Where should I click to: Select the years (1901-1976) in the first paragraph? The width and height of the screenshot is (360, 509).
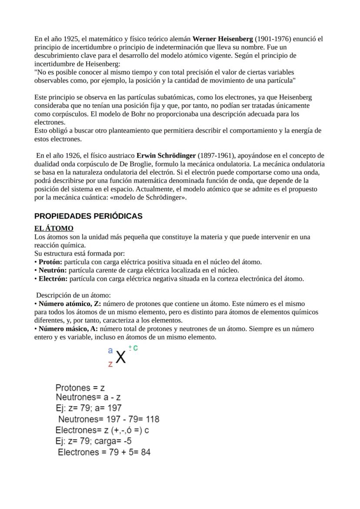pyautogui.click(x=271, y=39)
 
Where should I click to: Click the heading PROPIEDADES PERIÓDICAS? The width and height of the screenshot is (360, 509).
pyautogui.click(x=88, y=216)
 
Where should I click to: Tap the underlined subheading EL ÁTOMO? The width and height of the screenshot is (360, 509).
pyautogui.click(x=54, y=228)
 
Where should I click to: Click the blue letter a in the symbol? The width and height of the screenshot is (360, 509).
pyautogui.click(x=110, y=350)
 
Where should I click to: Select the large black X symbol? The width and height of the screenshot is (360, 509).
pyautogui.click(x=121, y=358)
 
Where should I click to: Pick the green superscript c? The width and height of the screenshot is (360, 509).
pyautogui.click(x=136, y=348)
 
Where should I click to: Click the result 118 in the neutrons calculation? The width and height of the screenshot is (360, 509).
pyautogui.click(x=151, y=419)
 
